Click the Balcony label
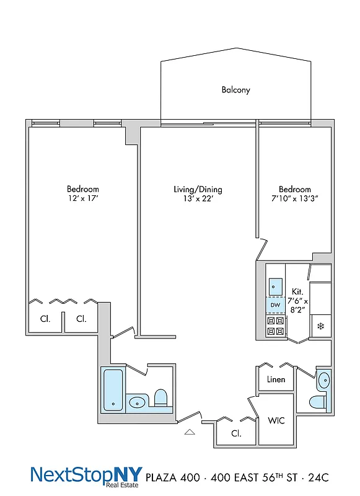[236, 90]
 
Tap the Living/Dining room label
[198, 190]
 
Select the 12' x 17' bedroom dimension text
[83, 199]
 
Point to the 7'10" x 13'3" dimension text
[294, 199]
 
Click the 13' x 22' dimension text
[198, 199]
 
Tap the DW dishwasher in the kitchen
[275, 306]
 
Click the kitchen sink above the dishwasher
[275, 286]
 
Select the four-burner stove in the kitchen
[275, 326]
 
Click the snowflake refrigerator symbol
[321, 326]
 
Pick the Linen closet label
[276, 379]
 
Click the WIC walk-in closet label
[276, 421]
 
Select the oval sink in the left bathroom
[138, 403]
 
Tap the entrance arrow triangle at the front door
[190, 432]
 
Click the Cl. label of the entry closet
[236, 434]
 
